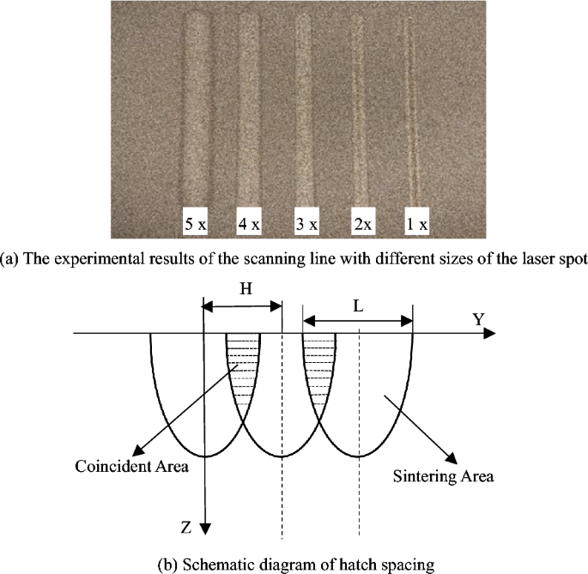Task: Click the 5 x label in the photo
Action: (196, 224)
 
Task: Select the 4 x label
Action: (249, 224)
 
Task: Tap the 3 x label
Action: (306, 224)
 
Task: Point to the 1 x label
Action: (417, 224)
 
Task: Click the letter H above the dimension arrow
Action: (246, 290)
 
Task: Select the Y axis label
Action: (479, 318)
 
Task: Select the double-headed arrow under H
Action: (242, 305)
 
